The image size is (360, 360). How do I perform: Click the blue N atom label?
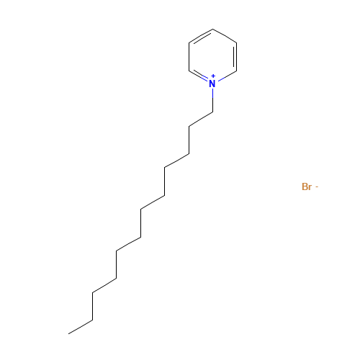pos(212,84)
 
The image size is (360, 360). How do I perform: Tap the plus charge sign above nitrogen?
pos(213,76)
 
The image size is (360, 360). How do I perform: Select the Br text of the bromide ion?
pos(307,186)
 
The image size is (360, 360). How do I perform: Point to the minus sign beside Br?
pos(317,186)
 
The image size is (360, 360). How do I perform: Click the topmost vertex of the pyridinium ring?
pos(212,30)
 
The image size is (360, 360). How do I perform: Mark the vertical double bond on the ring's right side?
pos(235,57)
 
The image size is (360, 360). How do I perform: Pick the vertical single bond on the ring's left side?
pos(189,57)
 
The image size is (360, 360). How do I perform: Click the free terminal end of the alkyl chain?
pos(68,333)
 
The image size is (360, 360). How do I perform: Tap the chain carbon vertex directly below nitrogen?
pos(212,112)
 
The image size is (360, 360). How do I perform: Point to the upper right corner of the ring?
pos(236,43)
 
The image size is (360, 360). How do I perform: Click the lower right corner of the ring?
pos(236,71)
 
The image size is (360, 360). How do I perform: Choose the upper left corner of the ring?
pos(189,43)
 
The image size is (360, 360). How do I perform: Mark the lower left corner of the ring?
pos(189,71)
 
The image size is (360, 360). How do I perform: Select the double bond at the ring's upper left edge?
pos(201,37)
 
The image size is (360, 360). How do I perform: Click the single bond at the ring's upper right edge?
pos(225,36)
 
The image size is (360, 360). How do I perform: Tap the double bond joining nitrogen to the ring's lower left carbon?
pos(199,76)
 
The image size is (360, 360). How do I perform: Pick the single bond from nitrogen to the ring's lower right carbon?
pos(226,76)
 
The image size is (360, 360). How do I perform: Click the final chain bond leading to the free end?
pos(81,327)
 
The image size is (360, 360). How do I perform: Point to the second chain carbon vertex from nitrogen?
pos(189,126)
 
